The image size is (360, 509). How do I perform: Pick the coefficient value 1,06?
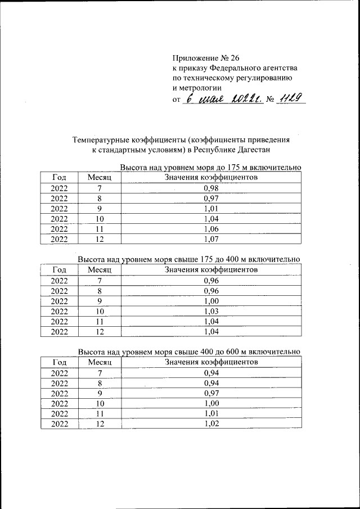click(211, 229)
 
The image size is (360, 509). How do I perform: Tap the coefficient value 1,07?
click(211, 239)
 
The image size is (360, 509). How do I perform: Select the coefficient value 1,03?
click(211, 311)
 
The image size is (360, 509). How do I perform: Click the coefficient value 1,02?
click(211, 424)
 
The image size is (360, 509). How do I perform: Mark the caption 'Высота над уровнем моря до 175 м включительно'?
click(211, 167)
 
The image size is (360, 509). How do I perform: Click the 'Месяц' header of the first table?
click(100, 177)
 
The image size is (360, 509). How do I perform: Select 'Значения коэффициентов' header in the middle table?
click(211, 269)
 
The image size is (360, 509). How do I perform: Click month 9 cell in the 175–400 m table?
click(100, 301)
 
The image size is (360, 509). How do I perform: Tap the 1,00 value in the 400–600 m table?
click(211, 403)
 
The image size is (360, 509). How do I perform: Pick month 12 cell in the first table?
click(100, 239)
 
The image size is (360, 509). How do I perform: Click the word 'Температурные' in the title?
click(101, 139)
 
